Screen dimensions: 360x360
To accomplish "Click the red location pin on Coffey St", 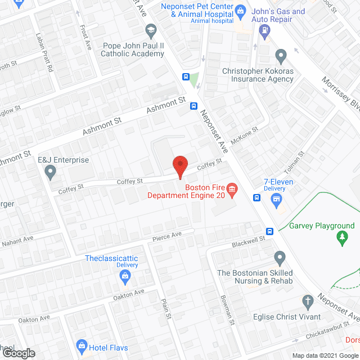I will (x=179, y=164).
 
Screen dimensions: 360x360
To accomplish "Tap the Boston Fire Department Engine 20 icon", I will (x=232, y=189).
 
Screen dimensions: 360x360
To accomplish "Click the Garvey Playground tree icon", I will (x=341, y=239).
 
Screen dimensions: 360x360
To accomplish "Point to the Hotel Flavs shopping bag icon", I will (x=82, y=345).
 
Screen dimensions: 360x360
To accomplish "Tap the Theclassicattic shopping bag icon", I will (x=125, y=276).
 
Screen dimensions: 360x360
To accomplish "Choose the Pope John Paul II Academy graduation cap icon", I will (x=151, y=29).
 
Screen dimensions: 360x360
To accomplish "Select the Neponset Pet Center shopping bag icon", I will (x=240, y=10).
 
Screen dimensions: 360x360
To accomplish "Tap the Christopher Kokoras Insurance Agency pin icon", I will (x=281, y=56).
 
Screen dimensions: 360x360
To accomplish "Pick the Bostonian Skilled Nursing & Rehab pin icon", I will (x=280, y=258).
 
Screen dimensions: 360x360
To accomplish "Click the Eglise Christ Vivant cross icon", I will (x=308, y=300).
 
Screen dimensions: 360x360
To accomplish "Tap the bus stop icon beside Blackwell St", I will (x=269, y=231).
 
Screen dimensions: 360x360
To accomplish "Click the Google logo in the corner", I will (x=18, y=353).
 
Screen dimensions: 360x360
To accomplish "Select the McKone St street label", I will (x=247, y=136).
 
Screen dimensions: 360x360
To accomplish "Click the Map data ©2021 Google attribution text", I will (x=325, y=355).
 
